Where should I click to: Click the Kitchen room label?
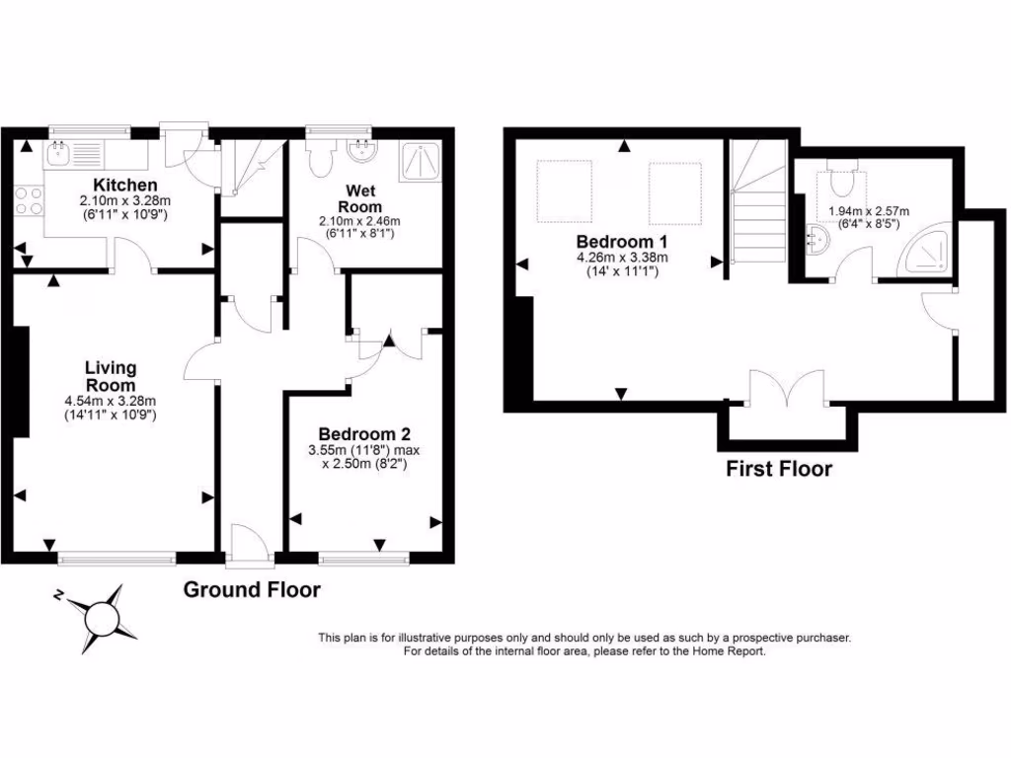point(124,185)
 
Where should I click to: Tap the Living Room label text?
point(110,376)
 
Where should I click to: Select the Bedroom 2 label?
point(363,434)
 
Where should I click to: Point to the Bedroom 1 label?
point(616,242)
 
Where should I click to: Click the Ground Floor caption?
point(253,590)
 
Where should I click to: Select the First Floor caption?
point(779,469)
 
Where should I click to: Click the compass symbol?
point(99,618)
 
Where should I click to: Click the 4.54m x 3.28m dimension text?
point(110,402)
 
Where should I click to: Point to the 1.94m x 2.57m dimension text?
point(869,211)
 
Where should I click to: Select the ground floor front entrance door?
point(249,545)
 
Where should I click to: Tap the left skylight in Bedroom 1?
point(563,191)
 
